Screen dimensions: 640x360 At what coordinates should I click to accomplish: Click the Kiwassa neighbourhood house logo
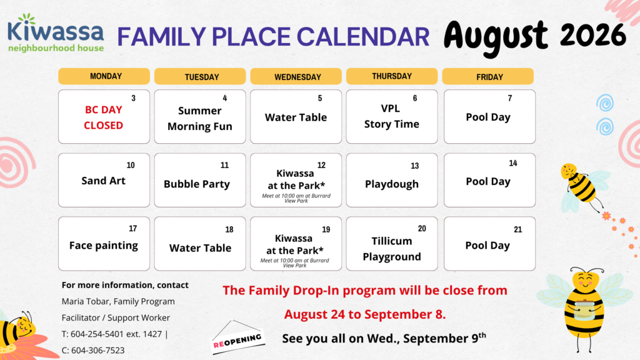pos(56,33)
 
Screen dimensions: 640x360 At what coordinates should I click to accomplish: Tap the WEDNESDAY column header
pos(296,76)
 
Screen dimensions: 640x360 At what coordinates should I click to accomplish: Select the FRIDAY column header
pos(487,76)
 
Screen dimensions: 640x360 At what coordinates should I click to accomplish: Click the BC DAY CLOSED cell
pos(104,117)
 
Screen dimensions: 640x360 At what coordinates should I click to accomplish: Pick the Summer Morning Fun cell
pos(200,117)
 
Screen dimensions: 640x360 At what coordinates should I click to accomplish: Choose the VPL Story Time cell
pos(392,117)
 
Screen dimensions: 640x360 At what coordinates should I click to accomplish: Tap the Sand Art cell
pos(104,180)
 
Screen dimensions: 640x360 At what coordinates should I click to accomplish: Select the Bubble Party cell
pos(200,180)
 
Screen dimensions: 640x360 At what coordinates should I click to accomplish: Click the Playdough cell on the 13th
pos(392,180)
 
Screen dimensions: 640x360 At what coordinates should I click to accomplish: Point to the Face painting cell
pos(104,244)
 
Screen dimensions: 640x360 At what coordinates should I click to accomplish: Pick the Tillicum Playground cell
pos(392,244)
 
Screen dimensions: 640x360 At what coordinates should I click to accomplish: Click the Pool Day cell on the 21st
pos(490,244)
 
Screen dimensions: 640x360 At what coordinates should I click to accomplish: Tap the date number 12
pos(321,165)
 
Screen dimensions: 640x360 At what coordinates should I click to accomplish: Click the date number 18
pos(229,230)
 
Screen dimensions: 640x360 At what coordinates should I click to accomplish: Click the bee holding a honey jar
pos(584,309)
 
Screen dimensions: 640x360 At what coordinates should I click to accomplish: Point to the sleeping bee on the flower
pos(18,331)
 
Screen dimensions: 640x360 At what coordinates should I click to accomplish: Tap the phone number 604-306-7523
pos(92,350)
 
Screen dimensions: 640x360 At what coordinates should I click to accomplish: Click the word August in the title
pos(496,37)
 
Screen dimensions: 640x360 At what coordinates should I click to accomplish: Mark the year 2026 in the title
pos(593,35)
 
